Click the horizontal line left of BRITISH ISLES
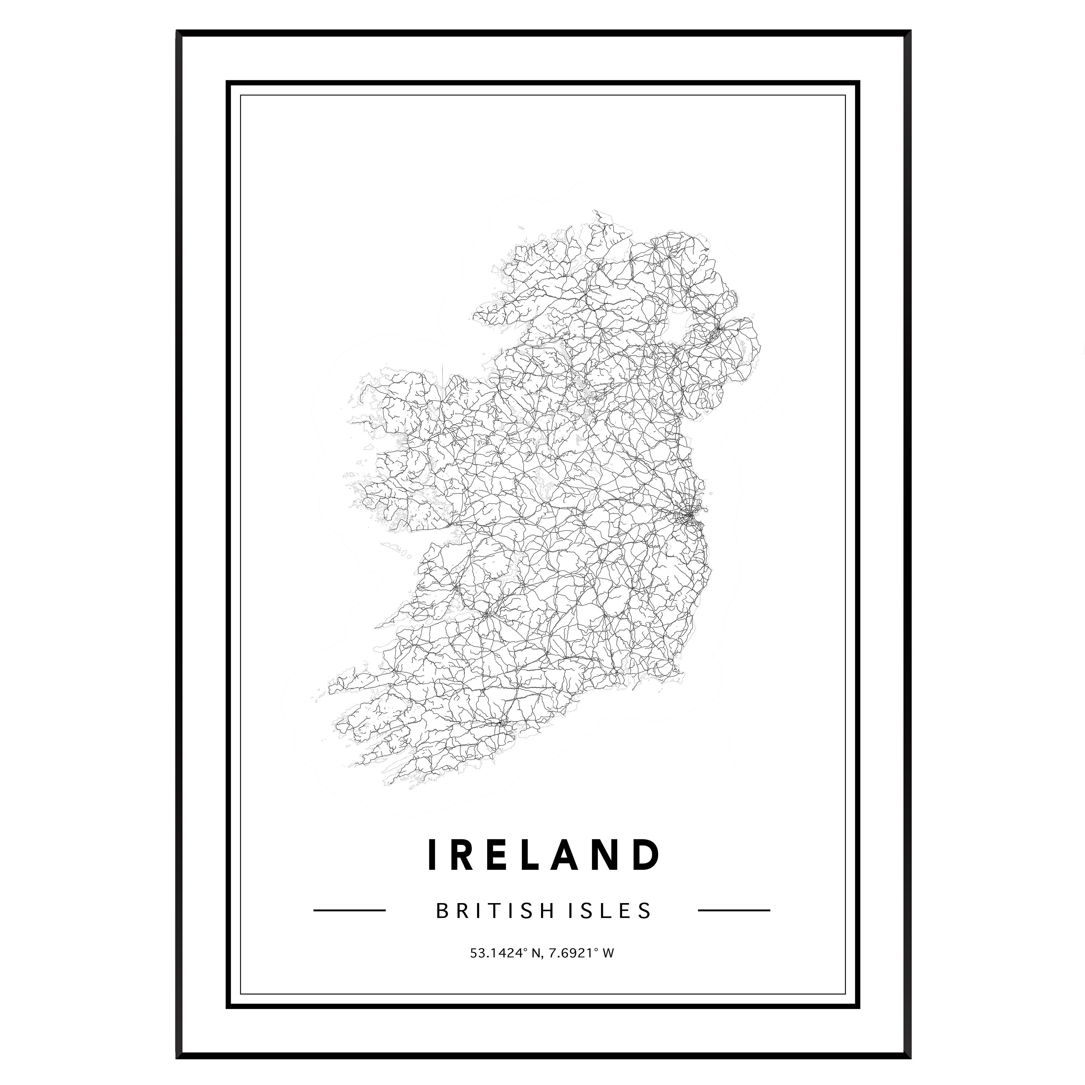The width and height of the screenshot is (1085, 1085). [x=349, y=910]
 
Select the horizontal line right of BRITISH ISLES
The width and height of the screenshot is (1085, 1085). [x=733, y=910]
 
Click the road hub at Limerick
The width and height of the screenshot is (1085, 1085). [x=486, y=613]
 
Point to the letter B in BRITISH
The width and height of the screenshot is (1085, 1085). [x=441, y=910]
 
